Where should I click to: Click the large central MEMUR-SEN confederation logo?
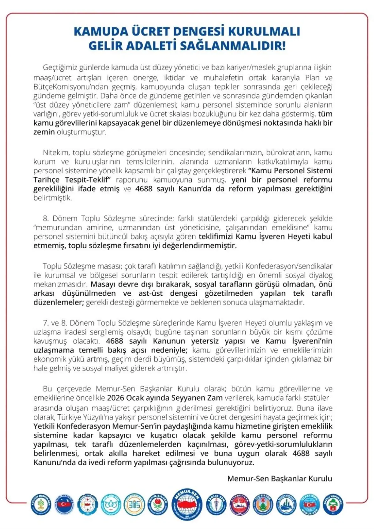187,504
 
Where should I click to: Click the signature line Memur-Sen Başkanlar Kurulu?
280,479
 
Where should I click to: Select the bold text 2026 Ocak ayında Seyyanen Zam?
165,398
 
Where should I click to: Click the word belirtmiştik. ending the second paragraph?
53,198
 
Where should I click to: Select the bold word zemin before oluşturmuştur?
44,132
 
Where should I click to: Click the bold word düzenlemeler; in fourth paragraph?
59,302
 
